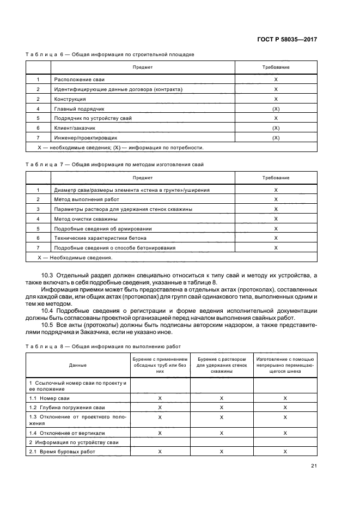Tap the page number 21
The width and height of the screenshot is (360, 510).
coord(314,466)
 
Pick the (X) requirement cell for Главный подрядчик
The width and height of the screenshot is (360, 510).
coord(276,109)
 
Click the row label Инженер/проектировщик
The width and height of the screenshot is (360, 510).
coord(86,138)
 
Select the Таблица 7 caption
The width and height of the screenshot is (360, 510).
coord(114,165)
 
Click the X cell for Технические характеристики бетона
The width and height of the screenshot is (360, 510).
coord(276,238)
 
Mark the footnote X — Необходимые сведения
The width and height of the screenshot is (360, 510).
coord(74,257)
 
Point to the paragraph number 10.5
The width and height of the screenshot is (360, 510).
coord(47,324)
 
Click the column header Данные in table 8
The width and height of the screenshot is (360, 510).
coord(77,365)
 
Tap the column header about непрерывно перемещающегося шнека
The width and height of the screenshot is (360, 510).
coord(285,365)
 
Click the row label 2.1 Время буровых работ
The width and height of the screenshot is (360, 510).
coord(62,452)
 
